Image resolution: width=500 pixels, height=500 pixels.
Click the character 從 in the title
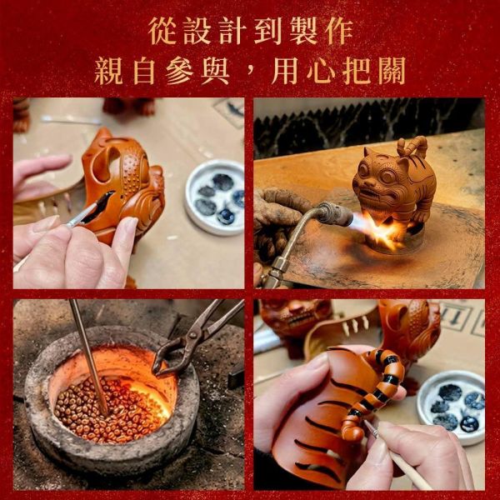162,31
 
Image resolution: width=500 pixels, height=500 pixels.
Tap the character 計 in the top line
232,31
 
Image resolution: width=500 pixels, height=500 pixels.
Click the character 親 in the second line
108,71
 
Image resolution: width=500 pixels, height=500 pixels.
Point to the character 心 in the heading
321,71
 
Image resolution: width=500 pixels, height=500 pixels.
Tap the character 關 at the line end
392,71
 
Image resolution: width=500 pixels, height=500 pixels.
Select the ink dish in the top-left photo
215,197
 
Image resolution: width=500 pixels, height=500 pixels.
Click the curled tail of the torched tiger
412,147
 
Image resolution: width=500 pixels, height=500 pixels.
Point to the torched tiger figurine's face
377,177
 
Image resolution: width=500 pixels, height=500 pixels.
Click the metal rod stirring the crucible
89,357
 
